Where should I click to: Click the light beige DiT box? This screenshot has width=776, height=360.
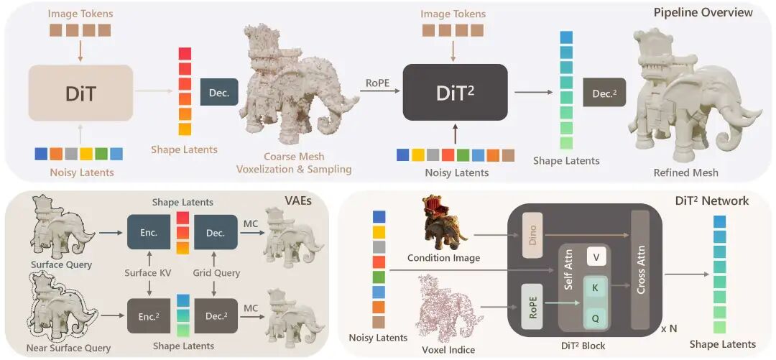tap(80, 93)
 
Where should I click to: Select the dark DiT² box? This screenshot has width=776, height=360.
tap(456, 92)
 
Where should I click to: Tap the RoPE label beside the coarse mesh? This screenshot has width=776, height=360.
tap(378, 83)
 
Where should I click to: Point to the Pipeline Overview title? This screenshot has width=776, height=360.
tap(702, 12)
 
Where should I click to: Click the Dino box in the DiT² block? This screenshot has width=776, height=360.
tap(532, 236)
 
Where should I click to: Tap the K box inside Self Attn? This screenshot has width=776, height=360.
tap(596, 287)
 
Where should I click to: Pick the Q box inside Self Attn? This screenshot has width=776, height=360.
tap(596, 318)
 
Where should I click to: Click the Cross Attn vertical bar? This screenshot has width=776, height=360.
tap(641, 269)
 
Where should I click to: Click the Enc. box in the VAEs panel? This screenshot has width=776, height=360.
tap(149, 232)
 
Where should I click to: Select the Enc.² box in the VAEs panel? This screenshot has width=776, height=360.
tap(149, 316)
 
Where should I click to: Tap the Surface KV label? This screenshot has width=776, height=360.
tap(149, 272)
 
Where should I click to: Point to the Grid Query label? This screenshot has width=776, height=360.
tap(216, 272)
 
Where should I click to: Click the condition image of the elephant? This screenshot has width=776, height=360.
tap(443, 222)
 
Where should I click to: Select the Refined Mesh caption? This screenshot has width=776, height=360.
tap(685, 172)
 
